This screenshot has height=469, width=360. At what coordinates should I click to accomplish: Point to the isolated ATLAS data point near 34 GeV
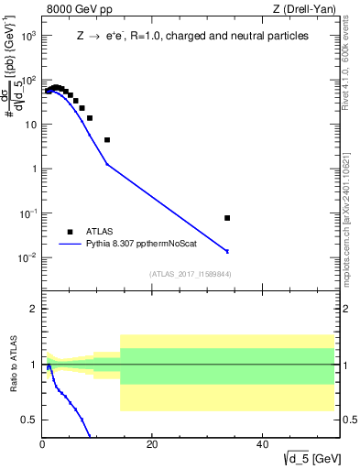(x=227, y=218)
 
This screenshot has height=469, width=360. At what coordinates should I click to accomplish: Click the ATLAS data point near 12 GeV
(x=107, y=140)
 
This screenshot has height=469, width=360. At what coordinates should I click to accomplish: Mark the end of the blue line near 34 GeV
(x=227, y=251)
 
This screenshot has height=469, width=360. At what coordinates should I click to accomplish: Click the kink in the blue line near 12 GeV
(x=107, y=164)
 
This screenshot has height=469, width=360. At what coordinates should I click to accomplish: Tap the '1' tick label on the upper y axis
(x=32, y=169)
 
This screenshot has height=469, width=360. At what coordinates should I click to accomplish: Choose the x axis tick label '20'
(x=152, y=444)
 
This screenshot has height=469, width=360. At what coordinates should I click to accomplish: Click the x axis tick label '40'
(x=262, y=444)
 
